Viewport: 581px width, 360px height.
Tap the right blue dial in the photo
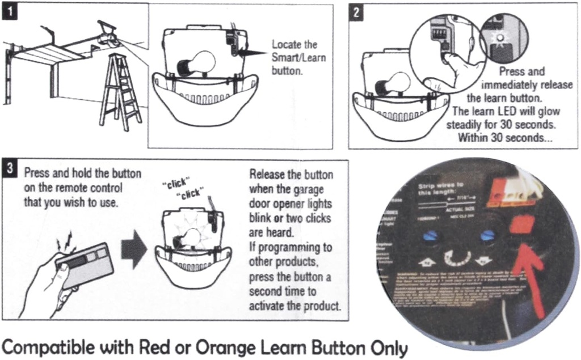click(487, 236)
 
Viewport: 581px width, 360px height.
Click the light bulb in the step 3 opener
click(192, 236)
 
